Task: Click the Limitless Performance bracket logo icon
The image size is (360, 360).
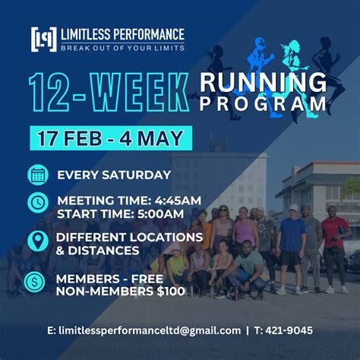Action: (43, 39)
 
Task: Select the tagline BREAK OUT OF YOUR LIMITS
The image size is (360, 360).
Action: (122, 48)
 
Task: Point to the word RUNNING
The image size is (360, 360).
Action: (264, 82)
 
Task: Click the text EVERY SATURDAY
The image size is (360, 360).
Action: (114, 175)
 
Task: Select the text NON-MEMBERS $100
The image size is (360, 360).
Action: (119, 290)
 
